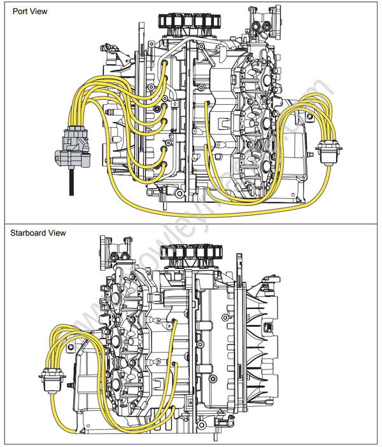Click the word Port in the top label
pyautogui.click(x=19, y=11)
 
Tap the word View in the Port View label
pyautogui.click(x=39, y=11)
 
